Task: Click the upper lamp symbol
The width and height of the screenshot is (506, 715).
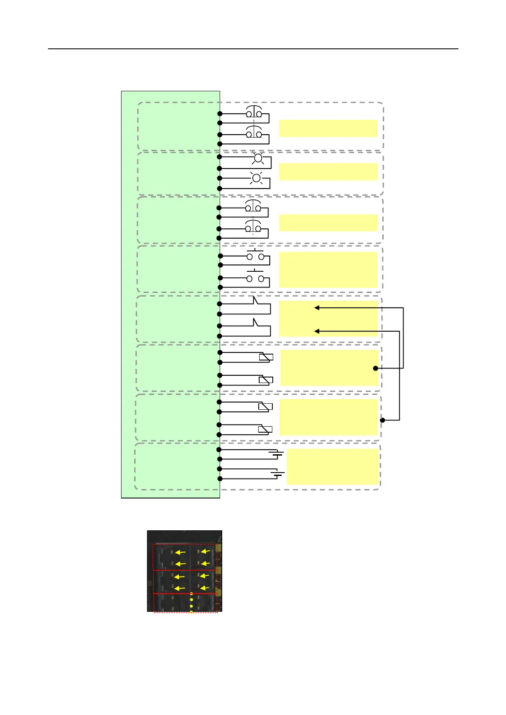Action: coord(257,159)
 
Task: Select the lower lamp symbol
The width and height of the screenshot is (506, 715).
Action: coord(256,178)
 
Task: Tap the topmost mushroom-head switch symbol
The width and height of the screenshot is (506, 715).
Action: coord(254,112)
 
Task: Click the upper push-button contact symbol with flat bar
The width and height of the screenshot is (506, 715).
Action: coord(255,255)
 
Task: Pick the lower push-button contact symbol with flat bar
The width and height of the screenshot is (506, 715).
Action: coord(255,277)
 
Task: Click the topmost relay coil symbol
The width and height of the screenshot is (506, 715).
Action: coord(266,357)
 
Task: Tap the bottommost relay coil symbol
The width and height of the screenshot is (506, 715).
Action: coord(265,429)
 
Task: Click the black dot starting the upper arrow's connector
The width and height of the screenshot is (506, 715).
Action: coord(376,368)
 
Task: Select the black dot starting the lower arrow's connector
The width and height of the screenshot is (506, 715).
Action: coord(382,420)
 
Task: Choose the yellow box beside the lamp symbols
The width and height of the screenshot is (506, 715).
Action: coord(328,172)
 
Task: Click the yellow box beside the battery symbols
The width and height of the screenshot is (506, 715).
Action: coord(332,467)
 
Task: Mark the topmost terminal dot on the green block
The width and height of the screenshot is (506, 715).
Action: coord(220,114)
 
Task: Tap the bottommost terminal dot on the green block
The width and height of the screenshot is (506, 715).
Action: coord(220,479)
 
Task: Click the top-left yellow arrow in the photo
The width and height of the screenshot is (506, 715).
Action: coord(181,552)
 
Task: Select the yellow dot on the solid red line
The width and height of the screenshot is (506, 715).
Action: coord(191,594)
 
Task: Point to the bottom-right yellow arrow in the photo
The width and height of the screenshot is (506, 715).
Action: coord(204,588)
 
